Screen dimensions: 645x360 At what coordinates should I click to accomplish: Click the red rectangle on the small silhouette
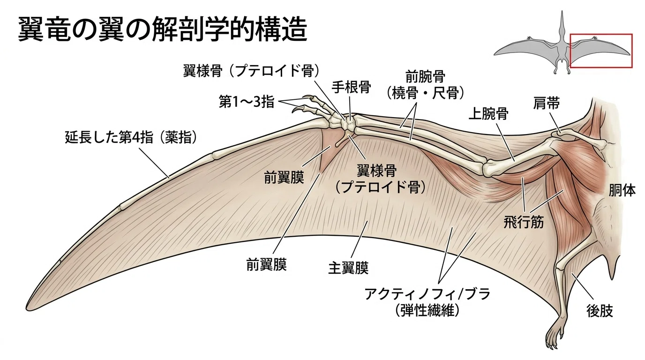pos(601,35)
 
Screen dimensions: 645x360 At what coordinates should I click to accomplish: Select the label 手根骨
pos(351,87)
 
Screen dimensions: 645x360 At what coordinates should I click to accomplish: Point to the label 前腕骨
pos(425,76)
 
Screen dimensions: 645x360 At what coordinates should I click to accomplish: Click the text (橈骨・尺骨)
pos(425,93)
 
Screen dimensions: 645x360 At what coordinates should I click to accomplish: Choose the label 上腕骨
pos(488,113)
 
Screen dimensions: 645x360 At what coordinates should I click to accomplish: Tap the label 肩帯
pos(546,103)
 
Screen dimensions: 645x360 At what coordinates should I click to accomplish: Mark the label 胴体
pos(622,190)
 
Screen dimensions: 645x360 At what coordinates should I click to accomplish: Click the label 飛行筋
pos(524,222)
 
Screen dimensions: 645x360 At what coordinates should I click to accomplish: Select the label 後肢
pos(600,311)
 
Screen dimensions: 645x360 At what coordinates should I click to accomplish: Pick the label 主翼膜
pos(348,268)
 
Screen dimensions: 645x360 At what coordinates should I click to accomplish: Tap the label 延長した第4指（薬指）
pos(131,137)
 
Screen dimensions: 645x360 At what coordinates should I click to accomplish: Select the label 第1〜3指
pos(247,102)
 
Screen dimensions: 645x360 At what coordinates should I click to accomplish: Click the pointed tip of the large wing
pos(28,309)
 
